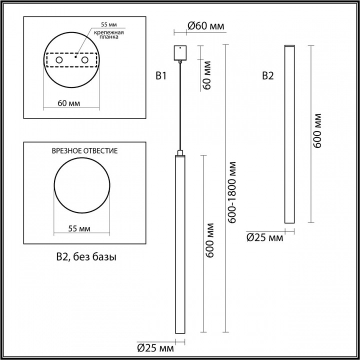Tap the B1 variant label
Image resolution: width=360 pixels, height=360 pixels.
160,76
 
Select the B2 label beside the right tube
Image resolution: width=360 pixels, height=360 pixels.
268,76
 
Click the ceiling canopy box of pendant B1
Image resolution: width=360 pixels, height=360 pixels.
179,52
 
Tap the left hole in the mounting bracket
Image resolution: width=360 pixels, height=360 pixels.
59,60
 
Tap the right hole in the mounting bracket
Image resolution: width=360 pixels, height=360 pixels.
85,60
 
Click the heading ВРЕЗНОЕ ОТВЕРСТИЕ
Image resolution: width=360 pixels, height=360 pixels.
85,150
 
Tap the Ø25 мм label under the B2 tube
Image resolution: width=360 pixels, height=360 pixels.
264,238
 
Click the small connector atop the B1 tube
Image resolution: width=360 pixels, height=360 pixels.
179,151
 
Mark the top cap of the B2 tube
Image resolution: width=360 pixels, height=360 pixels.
289,46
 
